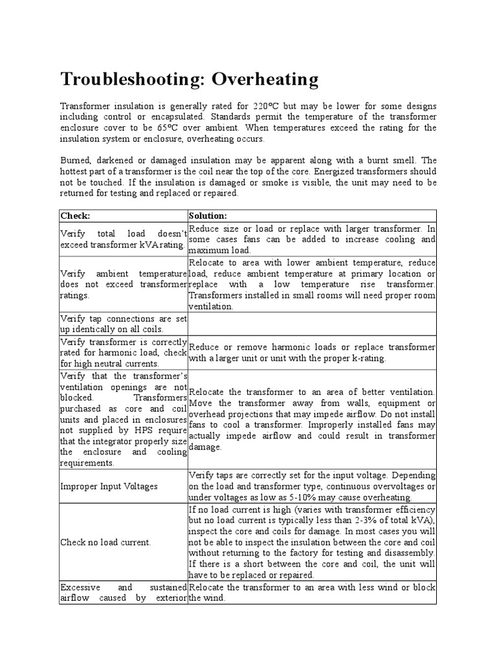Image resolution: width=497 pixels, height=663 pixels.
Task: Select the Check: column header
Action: (75, 215)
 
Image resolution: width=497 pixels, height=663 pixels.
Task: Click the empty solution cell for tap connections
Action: (312, 324)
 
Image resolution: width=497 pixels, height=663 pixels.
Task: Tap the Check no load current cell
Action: (105, 542)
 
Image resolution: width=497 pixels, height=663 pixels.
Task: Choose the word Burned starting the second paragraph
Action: (77, 160)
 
